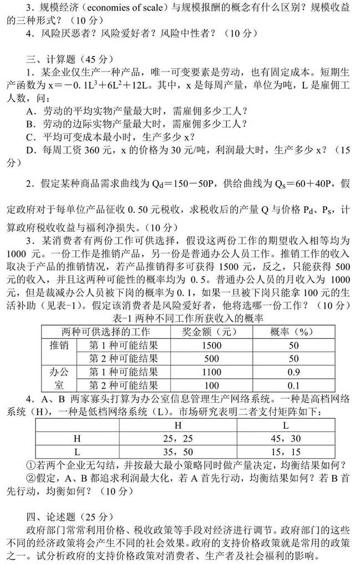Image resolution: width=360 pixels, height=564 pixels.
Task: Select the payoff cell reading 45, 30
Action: pos(285,438)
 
